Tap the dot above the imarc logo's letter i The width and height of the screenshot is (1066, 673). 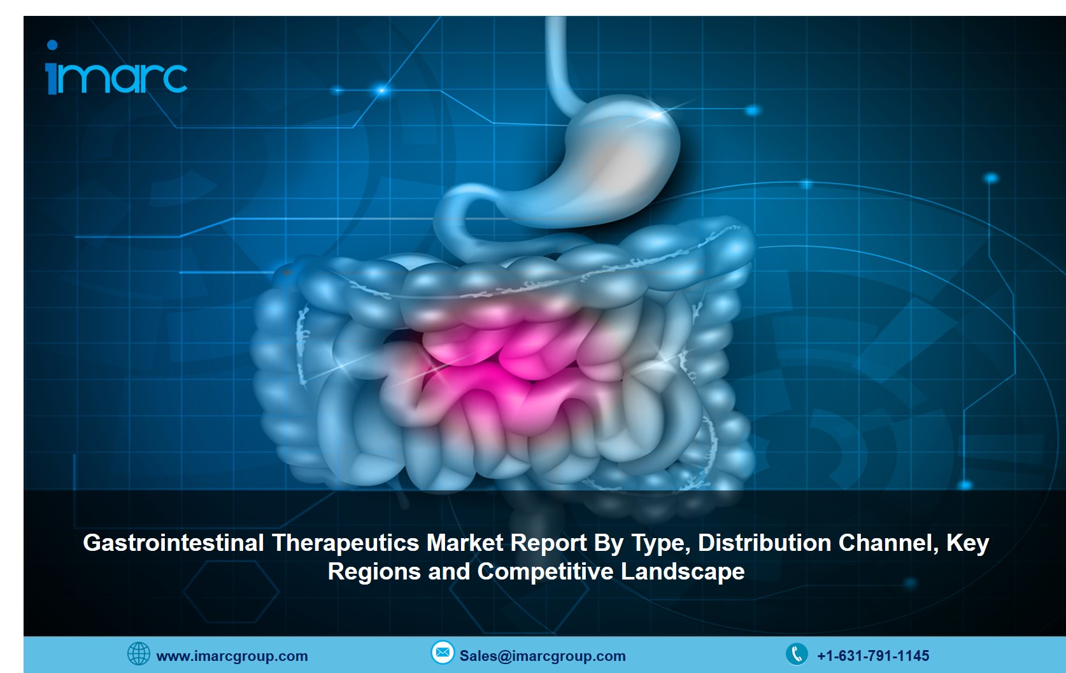pyautogui.click(x=52, y=45)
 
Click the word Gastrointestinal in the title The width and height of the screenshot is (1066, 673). pyautogui.click(x=173, y=543)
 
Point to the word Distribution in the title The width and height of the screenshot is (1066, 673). pyautogui.click(x=764, y=543)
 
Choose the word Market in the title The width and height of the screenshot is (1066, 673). pyautogui.click(x=464, y=543)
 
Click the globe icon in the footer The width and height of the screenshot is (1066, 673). pyautogui.click(x=138, y=653)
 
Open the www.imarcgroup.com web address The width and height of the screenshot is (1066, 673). pyautogui.click(x=232, y=656)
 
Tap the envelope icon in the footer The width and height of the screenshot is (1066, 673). pyautogui.click(x=443, y=652)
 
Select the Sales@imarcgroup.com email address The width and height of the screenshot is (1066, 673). pyautogui.click(x=543, y=656)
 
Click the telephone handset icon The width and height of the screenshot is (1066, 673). pyautogui.click(x=797, y=654)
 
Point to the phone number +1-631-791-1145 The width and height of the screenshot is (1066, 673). pyautogui.click(x=873, y=656)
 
